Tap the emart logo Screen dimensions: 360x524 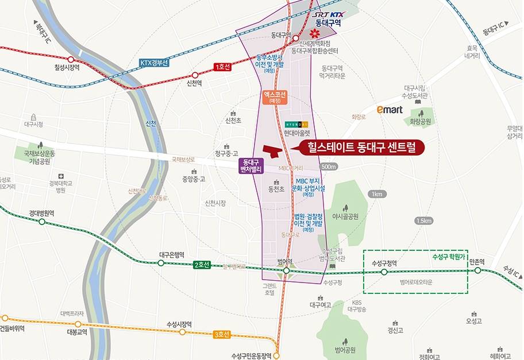[390, 109]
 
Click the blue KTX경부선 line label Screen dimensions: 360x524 [154, 63]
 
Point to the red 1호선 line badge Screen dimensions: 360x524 [222, 67]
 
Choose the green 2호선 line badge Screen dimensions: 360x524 [202, 265]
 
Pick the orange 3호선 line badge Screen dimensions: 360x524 [221, 334]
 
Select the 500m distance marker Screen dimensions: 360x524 [329, 167]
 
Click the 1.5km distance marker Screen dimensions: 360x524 [423, 220]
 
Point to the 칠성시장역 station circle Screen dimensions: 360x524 [71, 59]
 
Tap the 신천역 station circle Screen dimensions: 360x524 [195, 75]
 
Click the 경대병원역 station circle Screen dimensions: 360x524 [41, 221]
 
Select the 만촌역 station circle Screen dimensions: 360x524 [477, 270]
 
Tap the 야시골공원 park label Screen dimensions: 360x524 [345, 216]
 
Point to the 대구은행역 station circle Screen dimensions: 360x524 [161, 263]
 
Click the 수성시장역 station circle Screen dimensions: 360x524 [183, 332]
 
